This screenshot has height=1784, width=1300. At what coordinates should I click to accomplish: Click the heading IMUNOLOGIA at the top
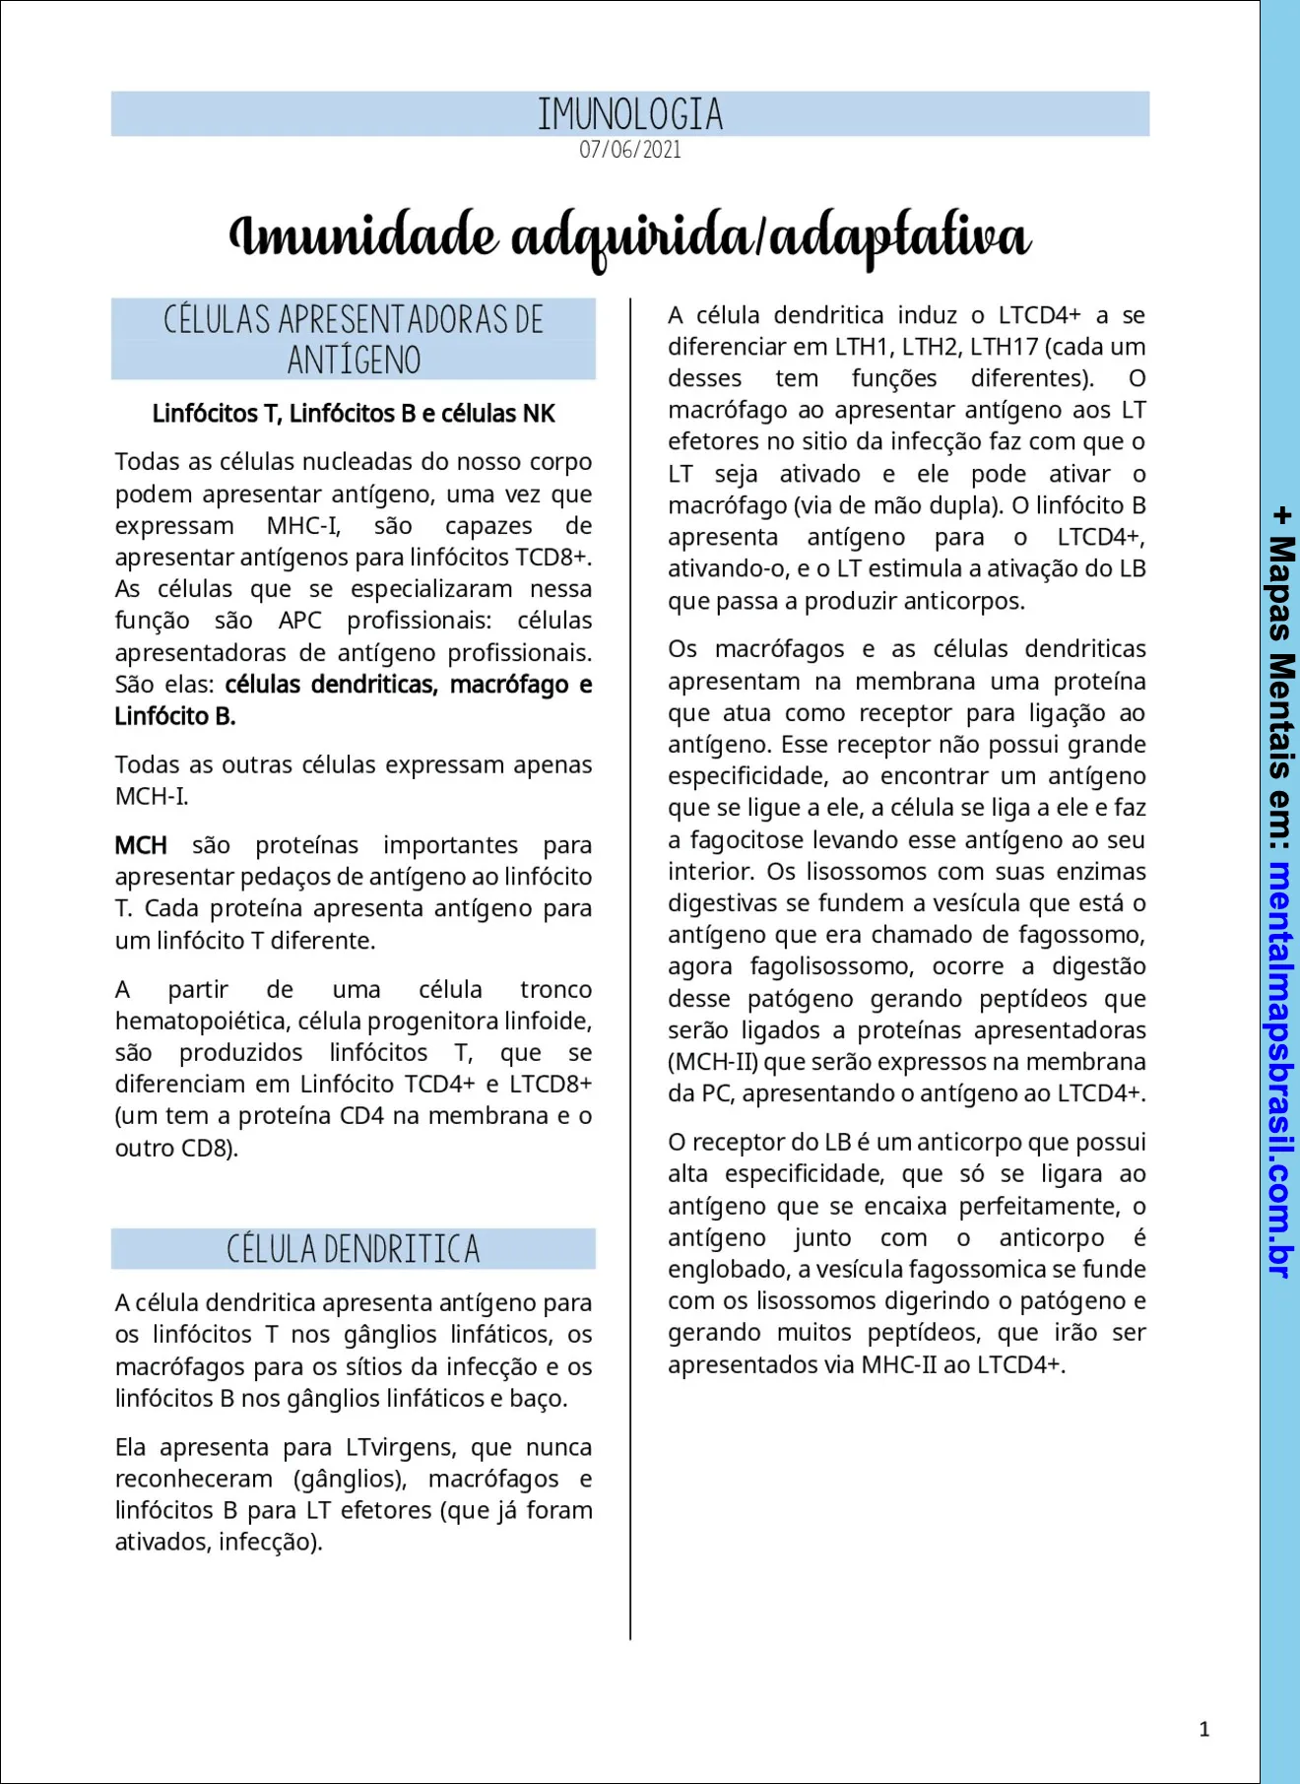[x=630, y=114]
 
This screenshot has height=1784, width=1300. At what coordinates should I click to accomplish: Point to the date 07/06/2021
[x=630, y=150]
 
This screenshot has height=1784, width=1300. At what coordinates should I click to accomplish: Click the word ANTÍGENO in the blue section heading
[x=354, y=361]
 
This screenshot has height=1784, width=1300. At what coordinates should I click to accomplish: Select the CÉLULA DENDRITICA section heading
[x=354, y=1249]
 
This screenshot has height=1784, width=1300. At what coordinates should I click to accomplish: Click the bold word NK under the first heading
[x=539, y=414]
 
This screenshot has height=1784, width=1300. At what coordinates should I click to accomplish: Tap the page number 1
[x=1203, y=1729]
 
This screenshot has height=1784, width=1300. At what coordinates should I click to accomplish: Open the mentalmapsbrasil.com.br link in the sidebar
[x=1280, y=1070]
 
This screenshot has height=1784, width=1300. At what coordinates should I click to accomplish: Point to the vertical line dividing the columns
[x=630, y=965]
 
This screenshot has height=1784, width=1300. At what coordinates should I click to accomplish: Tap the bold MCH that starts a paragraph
[x=141, y=845]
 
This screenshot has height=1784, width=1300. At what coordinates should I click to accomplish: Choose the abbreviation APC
[x=299, y=621]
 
